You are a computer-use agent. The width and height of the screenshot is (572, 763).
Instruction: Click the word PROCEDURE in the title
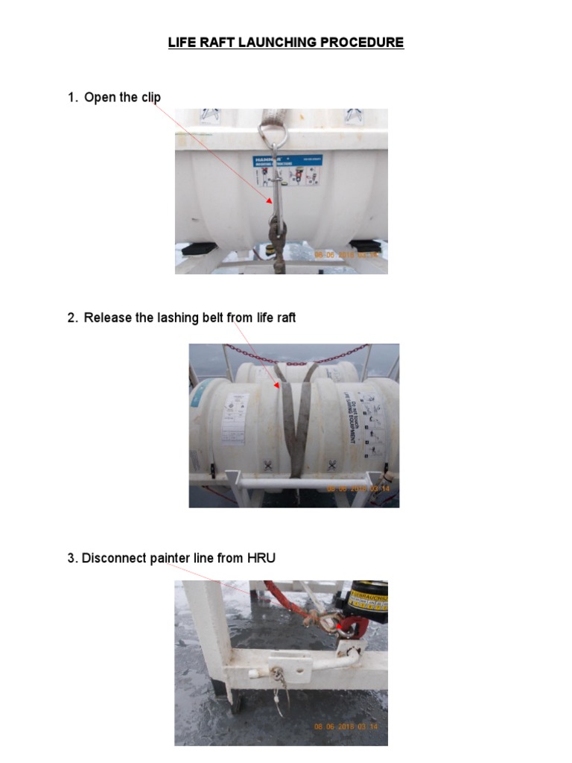362,42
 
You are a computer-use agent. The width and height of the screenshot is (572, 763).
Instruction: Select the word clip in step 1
149,98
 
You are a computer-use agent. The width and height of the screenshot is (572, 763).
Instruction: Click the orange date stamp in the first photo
347,255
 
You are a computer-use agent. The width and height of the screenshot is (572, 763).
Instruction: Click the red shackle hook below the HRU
349,630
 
